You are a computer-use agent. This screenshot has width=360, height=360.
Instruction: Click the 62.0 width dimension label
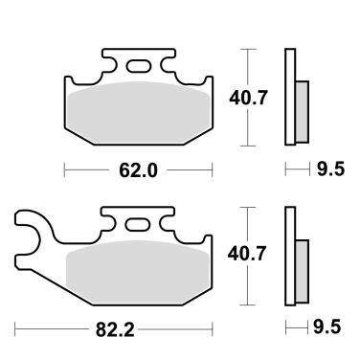[138, 171]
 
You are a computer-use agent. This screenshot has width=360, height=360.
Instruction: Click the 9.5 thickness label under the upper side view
[329, 171]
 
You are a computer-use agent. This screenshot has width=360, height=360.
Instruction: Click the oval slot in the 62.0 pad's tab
[139, 66]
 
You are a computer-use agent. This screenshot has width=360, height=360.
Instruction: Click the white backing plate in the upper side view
[288, 97]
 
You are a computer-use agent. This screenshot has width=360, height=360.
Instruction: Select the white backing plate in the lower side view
[288, 256]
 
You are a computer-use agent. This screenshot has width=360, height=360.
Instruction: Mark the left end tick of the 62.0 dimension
[64, 171]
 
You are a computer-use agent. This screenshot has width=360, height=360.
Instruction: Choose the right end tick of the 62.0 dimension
[212, 171]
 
